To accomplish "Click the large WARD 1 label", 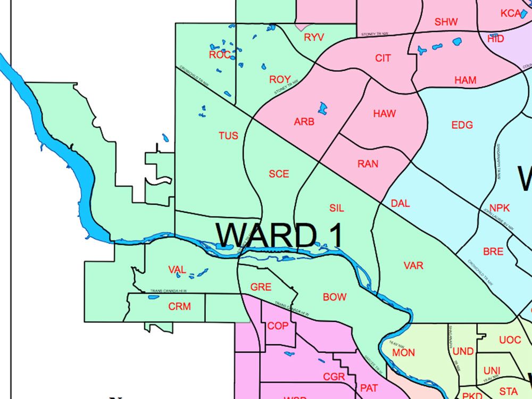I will pyautogui.click(x=279, y=235).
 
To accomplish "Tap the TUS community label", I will pyautogui.click(x=228, y=136).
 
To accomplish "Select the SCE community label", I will pyautogui.click(x=279, y=174).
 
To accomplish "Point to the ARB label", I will pyautogui.click(x=304, y=122).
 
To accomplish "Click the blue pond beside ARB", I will pyautogui.click(x=322, y=109).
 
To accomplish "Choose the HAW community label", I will pyautogui.click(x=384, y=113).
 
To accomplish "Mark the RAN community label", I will pyautogui.click(x=368, y=164).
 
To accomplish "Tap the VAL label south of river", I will pyautogui.click(x=177, y=270).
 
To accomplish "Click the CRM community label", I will pyautogui.click(x=179, y=306).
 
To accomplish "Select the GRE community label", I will pyautogui.click(x=261, y=287).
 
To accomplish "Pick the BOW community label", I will pyautogui.click(x=335, y=297).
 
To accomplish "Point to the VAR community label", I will pyautogui.click(x=413, y=265).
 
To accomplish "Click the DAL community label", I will pyautogui.click(x=400, y=203).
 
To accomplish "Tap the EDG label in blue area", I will pyautogui.click(x=462, y=125).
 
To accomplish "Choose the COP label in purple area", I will pyautogui.click(x=278, y=326).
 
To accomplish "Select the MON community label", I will pyautogui.click(x=403, y=352).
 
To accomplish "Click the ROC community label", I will pyautogui.click(x=220, y=55).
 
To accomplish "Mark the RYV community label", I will pyautogui.click(x=314, y=37).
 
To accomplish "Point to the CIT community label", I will pyautogui.click(x=383, y=58).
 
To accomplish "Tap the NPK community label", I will pyautogui.click(x=500, y=207).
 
